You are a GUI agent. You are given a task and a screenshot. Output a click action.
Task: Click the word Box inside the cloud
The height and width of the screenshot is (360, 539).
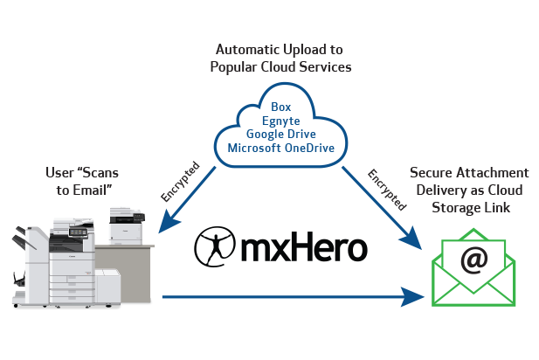tap(281, 107)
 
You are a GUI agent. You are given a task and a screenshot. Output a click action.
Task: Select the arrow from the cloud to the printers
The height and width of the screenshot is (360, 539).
tap(186, 200)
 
